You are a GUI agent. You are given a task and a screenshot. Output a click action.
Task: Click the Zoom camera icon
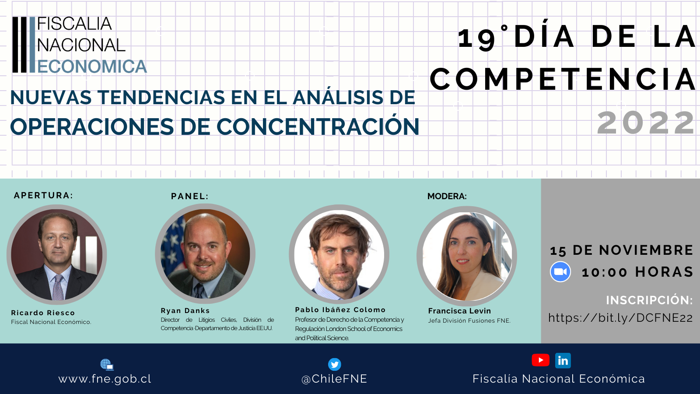coord(560,271)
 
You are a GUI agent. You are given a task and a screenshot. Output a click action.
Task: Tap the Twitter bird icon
coord(334,364)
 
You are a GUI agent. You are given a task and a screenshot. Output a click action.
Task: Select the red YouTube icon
coord(541,360)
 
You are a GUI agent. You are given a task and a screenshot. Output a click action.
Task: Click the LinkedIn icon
coord(563,361)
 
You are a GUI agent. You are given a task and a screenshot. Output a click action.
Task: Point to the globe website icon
coord(107,365)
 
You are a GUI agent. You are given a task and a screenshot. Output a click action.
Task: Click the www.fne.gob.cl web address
coord(105,379)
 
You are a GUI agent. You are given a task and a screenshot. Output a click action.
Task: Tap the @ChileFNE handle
coord(334,379)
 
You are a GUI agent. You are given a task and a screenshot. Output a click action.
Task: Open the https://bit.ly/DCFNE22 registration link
coord(621,318)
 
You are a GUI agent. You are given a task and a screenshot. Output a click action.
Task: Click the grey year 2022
coord(646,123)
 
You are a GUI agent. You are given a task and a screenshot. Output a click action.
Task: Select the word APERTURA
coord(43,195)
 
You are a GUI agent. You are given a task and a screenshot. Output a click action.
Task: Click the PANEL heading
coord(189,196)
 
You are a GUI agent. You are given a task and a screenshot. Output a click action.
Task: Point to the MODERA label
coord(447,196)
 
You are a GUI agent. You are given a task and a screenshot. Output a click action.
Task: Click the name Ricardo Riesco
coord(43,313)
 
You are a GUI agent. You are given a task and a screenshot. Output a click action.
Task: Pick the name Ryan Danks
coord(185,310)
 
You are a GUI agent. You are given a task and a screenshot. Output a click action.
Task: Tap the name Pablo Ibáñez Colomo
coord(340,310)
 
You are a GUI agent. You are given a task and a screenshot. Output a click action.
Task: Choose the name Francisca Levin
coord(459,311)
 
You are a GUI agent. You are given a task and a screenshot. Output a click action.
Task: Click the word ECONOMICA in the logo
coord(92,66)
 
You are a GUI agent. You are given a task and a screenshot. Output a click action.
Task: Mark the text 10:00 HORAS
coord(637,272)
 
